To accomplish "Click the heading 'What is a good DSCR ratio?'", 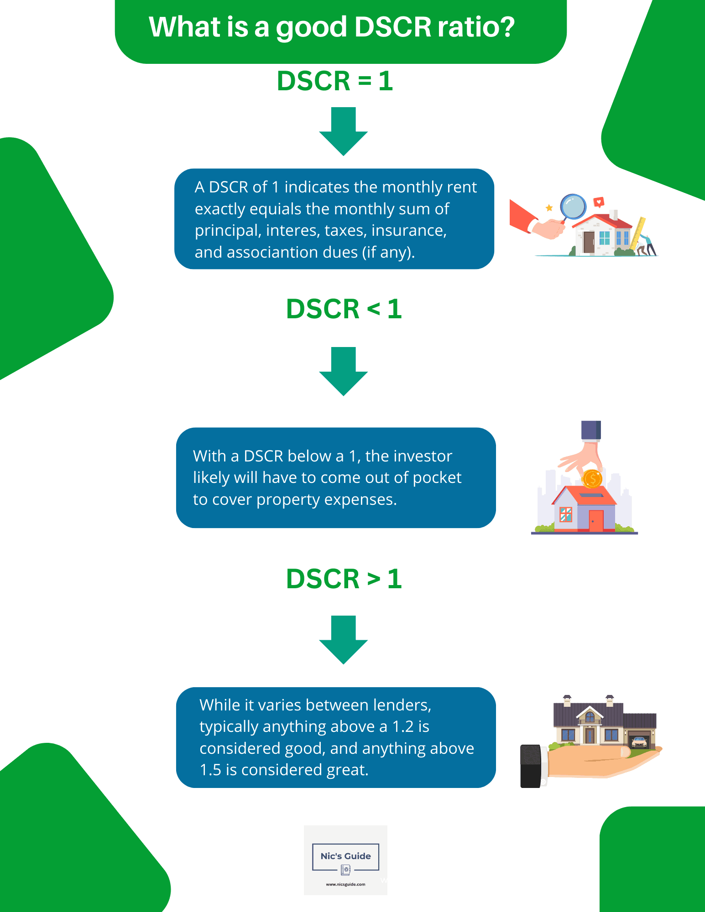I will coord(332,27).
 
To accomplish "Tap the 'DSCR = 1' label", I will coord(334,81).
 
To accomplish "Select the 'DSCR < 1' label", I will coord(344,309).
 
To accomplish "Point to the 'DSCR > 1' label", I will coord(344,579).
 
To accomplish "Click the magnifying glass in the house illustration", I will coord(573,207).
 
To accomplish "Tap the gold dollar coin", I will coord(592,479).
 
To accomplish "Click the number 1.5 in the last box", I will coord(210,770).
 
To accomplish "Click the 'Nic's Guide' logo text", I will coord(345,856).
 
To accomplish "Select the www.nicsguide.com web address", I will coord(345,884).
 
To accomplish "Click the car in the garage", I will coord(639,742).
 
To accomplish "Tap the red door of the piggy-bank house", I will coord(595,520).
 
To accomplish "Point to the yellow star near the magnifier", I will coord(549,208).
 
